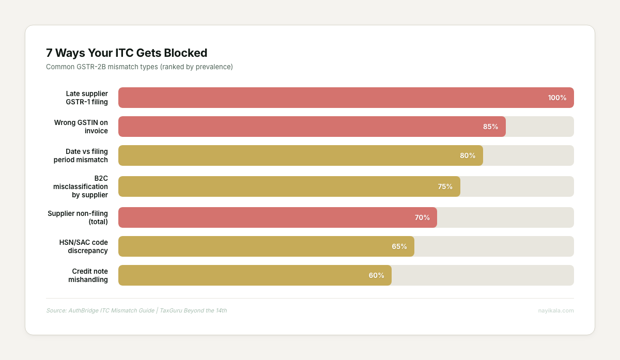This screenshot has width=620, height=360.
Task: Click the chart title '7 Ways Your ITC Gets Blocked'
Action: [x=127, y=53]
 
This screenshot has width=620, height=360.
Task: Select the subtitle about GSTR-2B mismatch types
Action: [x=139, y=67]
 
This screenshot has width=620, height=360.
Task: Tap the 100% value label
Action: [x=557, y=98]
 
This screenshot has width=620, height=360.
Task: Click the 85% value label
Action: [x=490, y=127]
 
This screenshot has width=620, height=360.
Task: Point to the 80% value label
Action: [x=468, y=155]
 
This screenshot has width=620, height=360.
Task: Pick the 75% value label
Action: [x=445, y=186]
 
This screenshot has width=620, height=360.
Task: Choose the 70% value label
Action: [x=422, y=217]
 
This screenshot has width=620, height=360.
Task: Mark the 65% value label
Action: [x=399, y=246]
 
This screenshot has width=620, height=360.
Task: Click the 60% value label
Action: [x=376, y=275]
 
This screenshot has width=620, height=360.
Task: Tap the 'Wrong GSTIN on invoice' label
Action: [x=81, y=127]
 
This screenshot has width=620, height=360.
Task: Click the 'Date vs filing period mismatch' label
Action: [x=81, y=155]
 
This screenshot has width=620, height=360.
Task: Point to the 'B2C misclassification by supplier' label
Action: [x=81, y=186]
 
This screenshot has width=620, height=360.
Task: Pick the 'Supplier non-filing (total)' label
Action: [x=78, y=217]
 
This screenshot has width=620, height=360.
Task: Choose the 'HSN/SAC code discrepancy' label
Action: [x=84, y=246]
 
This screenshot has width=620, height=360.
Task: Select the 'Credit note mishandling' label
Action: [x=88, y=275]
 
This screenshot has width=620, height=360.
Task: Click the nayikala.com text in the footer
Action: [x=555, y=310]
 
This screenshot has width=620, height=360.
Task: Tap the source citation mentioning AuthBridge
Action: [x=136, y=310]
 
